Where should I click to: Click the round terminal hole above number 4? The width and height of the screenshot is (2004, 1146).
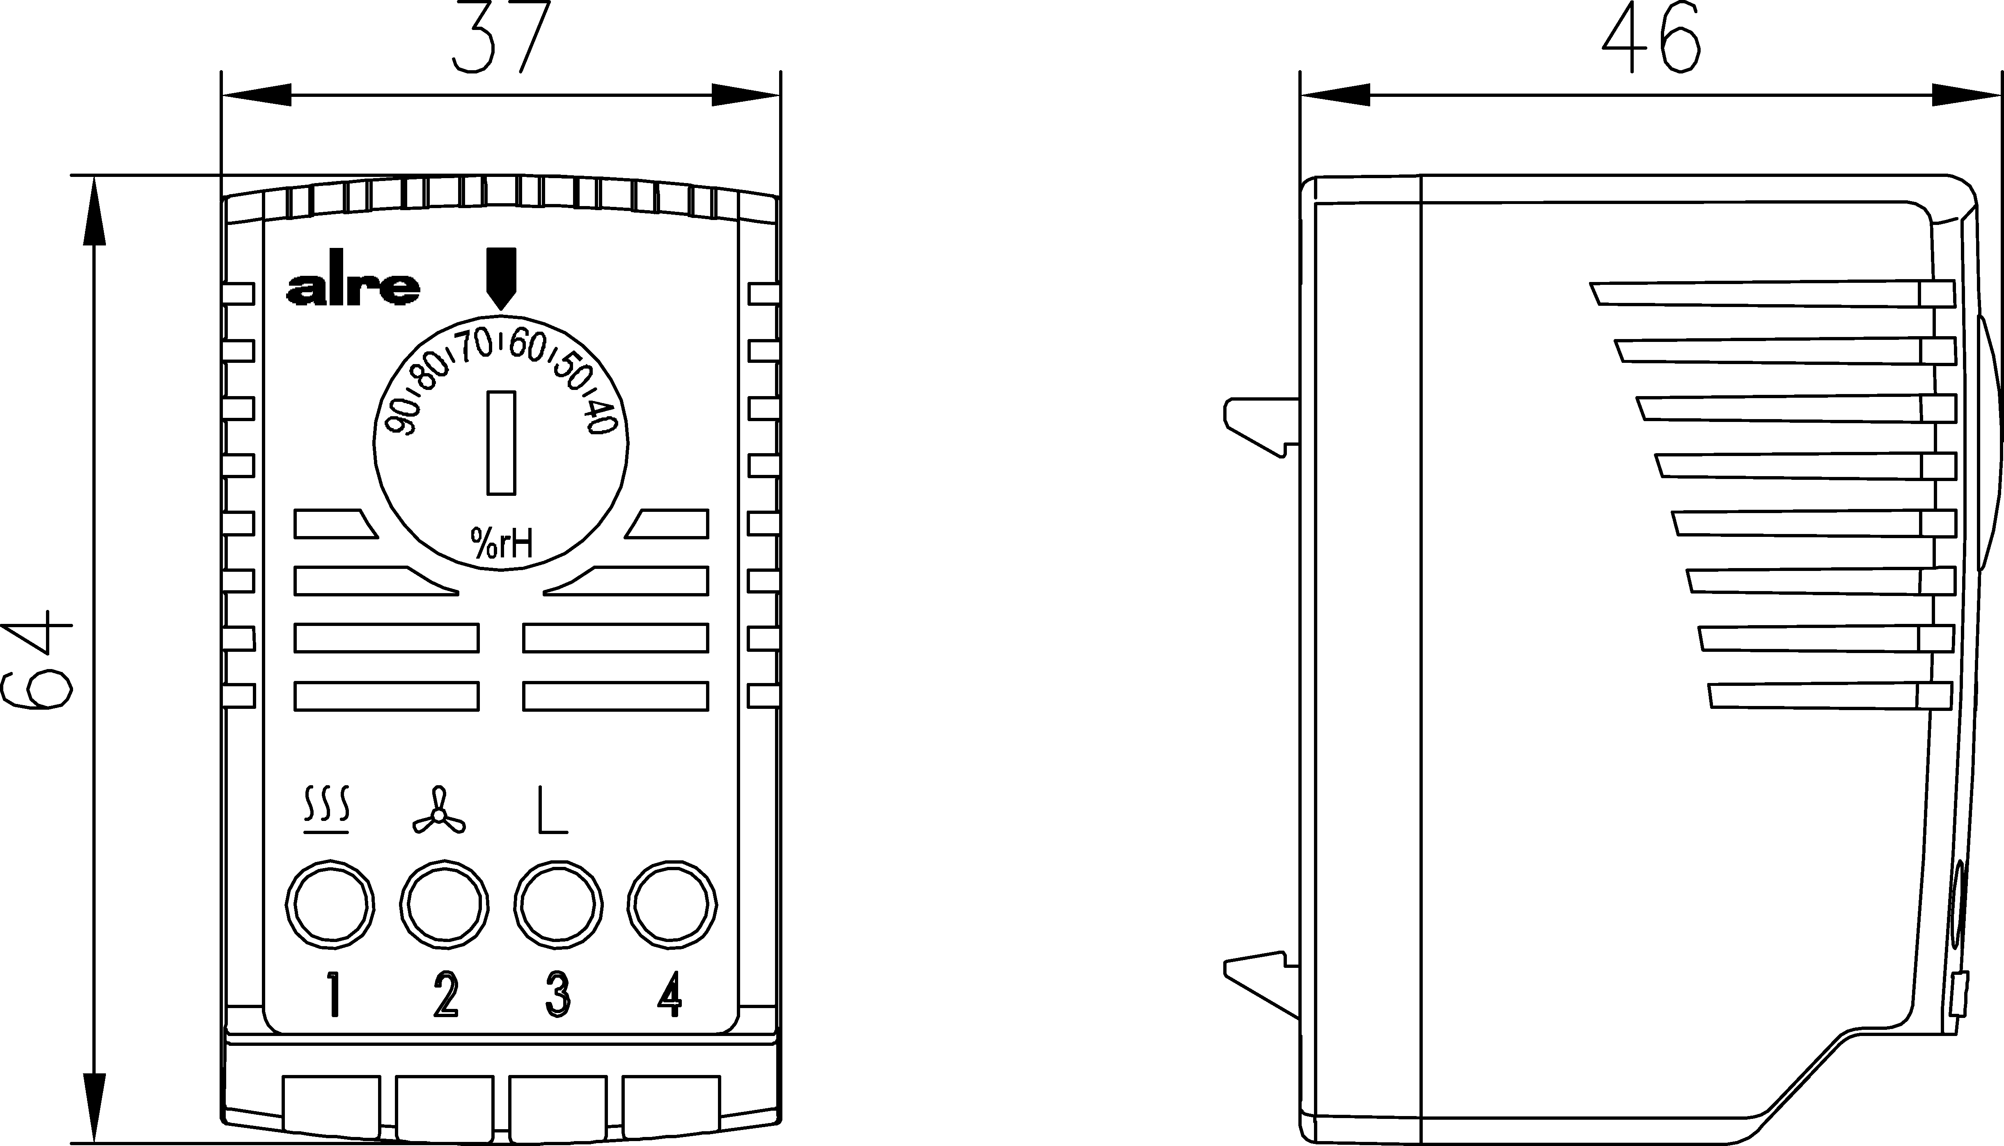(x=672, y=905)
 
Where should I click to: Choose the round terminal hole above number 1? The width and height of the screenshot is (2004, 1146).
(x=330, y=905)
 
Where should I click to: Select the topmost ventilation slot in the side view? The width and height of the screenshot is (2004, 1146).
(x=1771, y=293)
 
